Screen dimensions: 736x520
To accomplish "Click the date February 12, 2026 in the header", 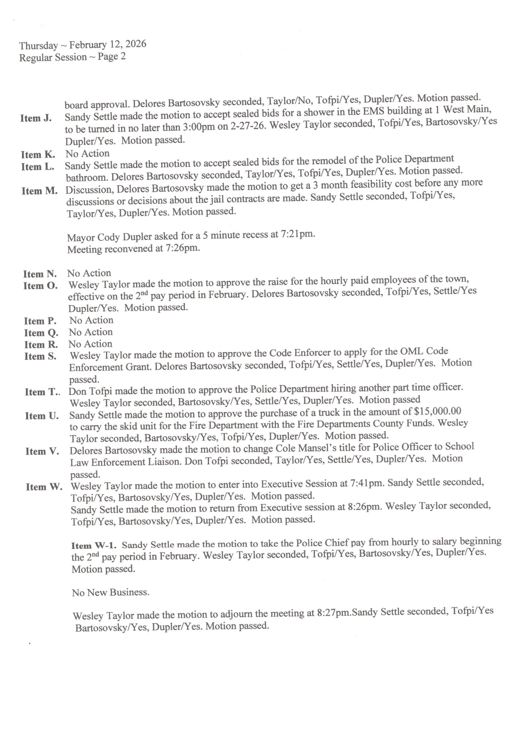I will pos(108,44).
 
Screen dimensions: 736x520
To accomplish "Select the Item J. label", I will pos(36,118).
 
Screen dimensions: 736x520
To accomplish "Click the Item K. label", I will pos(38,155).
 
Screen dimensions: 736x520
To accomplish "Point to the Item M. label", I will pos(39,191).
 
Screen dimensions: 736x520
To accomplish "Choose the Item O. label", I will pos(40,286).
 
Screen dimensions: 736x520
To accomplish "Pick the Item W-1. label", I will pos(94,545).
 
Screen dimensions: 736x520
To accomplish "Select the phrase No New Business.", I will pos(110,592).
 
